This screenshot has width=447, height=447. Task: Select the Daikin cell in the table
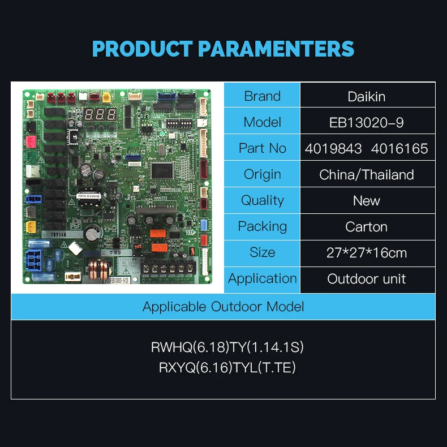point(367,96)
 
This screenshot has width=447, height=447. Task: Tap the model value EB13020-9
point(367,122)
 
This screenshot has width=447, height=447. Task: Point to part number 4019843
point(333,149)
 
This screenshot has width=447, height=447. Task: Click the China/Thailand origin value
point(367,175)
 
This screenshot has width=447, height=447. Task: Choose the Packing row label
point(262,226)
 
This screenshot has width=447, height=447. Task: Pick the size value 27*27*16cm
point(367,253)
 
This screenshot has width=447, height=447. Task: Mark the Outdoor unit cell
point(367,279)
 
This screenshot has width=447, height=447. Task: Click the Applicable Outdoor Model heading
point(223,307)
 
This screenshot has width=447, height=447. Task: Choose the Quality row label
point(262,200)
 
